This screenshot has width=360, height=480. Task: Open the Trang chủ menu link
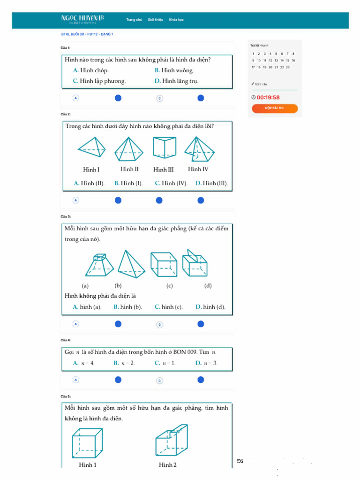click(x=134, y=20)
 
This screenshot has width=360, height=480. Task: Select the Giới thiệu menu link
click(x=155, y=20)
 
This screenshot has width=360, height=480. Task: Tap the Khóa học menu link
click(x=177, y=20)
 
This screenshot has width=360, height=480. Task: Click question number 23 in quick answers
click(x=288, y=67)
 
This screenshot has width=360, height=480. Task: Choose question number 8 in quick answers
click(x=293, y=54)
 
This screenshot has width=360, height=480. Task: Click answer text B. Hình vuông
click(x=174, y=70)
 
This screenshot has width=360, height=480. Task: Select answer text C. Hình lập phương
click(x=99, y=81)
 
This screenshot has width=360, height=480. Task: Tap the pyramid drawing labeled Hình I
click(x=91, y=148)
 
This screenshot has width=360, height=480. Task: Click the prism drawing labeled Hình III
click(x=164, y=147)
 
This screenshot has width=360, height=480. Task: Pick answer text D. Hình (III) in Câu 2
click(x=212, y=183)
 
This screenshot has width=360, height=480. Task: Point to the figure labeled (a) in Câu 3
click(x=99, y=265)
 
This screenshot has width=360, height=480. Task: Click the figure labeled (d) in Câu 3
click(x=195, y=264)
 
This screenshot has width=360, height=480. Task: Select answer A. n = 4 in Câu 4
click(x=84, y=363)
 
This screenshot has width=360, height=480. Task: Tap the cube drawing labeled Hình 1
click(x=87, y=443)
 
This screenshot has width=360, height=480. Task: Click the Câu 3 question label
click(x=66, y=217)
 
